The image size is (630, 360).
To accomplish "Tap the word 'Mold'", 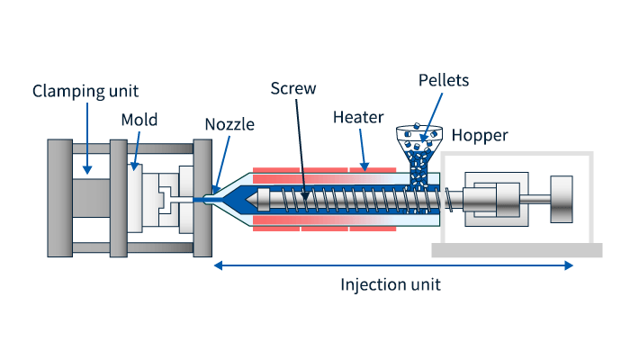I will [x=139, y=121].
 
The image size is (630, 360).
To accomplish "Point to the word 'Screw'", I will [x=292, y=89].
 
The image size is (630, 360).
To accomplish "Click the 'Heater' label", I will [x=358, y=118].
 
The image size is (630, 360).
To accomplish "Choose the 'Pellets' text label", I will [x=443, y=80].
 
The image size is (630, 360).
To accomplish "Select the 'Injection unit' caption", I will [x=390, y=284].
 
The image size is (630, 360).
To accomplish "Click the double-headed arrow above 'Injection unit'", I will [x=392, y=265].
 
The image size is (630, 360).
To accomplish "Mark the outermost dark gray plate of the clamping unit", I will [x=59, y=198].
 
